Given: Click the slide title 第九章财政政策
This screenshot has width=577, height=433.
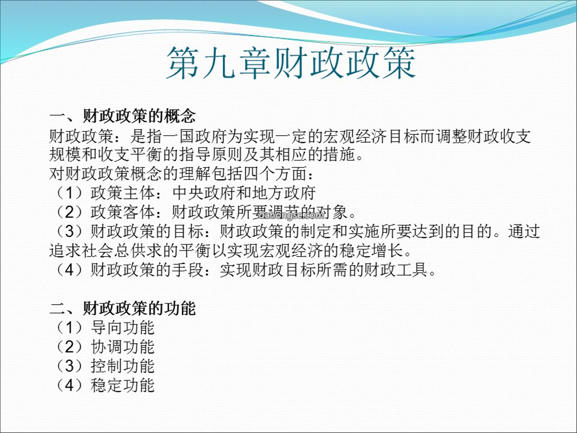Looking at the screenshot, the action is [x=291, y=63].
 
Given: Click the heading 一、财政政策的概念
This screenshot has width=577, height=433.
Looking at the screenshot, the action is [x=122, y=117].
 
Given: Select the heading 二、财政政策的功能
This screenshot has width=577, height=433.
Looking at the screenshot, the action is [x=122, y=308].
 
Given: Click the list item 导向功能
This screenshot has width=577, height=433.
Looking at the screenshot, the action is [x=122, y=328].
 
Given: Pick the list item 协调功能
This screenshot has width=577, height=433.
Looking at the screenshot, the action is [x=122, y=347].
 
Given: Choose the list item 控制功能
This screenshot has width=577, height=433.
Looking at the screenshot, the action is [x=122, y=366].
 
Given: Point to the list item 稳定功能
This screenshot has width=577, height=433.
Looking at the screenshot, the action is [x=122, y=385].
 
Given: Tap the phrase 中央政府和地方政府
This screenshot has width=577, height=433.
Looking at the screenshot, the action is [x=244, y=193].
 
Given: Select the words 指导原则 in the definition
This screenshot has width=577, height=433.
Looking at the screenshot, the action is [x=211, y=154].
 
